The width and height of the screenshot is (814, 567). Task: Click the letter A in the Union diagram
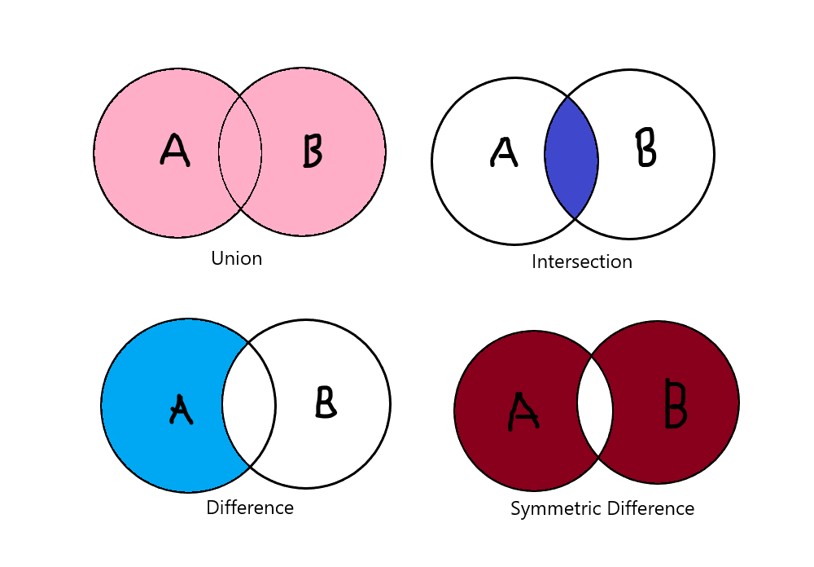pyautogui.click(x=175, y=150)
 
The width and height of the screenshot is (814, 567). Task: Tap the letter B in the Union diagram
pyautogui.click(x=312, y=150)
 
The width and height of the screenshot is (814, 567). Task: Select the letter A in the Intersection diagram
pyautogui.click(x=504, y=152)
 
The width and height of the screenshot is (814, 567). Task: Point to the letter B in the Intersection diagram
pyautogui.click(x=646, y=147)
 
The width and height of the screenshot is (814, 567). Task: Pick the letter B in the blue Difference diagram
pyautogui.click(x=326, y=402)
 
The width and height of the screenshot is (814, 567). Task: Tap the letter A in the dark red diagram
pyautogui.click(x=523, y=411)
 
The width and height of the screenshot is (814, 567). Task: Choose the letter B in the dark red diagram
pyautogui.click(x=675, y=403)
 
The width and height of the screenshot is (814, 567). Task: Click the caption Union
pyautogui.click(x=237, y=259)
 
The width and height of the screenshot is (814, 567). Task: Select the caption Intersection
pyautogui.click(x=582, y=262)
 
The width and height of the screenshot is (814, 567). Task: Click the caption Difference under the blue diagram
pyautogui.click(x=250, y=508)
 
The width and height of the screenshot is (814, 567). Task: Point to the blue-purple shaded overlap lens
pyautogui.click(x=571, y=159)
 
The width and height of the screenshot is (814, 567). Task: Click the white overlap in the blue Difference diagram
pyautogui.click(x=249, y=404)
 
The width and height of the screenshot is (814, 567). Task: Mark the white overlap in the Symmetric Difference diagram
pyautogui.click(x=595, y=402)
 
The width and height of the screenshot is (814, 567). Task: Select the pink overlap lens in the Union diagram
pyautogui.click(x=240, y=152)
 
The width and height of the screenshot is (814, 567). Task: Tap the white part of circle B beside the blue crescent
pyautogui.click(x=342, y=448)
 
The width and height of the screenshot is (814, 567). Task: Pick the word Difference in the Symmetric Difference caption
pyautogui.click(x=648, y=509)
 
